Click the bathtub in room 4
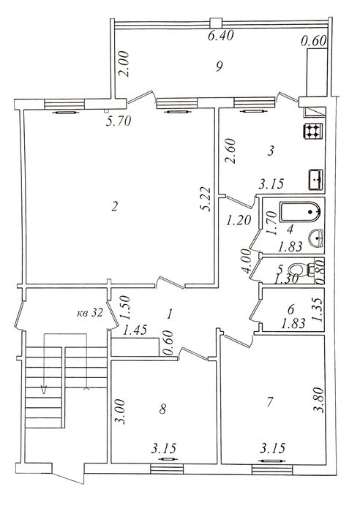tap(300, 212)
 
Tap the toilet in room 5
tap(301, 270)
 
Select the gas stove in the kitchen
tap(313, 131)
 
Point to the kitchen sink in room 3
tap(315, 180)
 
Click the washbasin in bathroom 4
tap(315, 238)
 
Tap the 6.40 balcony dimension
tap(221, 35)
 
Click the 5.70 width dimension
tap(119, 121)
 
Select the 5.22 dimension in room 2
tap(206, 199)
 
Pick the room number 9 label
tap(219, 67)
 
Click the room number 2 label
tap(114, 206)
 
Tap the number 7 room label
tap(269, 402)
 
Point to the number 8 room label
tap(162, 409)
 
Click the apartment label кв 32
tap(90, 313)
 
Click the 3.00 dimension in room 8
tap(119, 412)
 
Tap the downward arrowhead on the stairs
tap(44, 390)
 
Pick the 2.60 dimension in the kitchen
tap(230, 151)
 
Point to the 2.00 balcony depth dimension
tap(124, 64)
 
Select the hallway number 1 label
tap(169, 314)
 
